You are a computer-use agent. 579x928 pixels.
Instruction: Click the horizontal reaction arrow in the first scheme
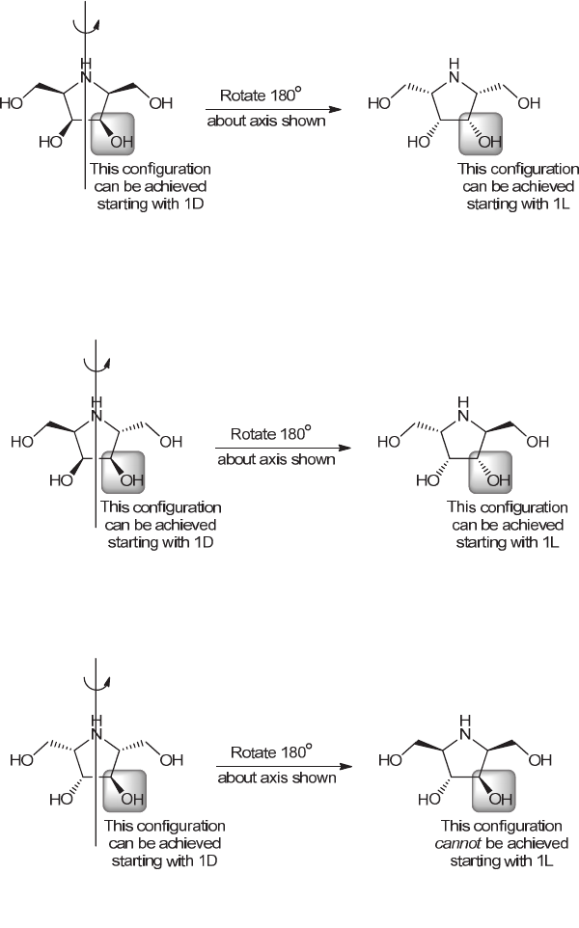[275, 110]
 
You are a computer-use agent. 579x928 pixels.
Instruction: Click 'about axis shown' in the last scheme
[276, 777]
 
